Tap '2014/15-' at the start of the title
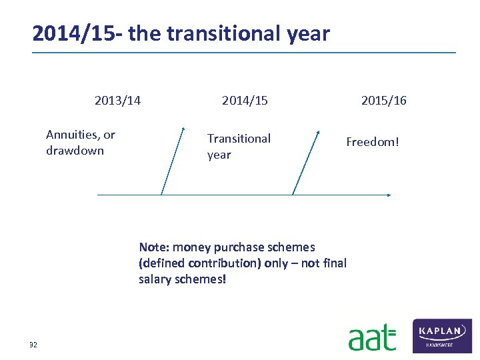[77, 33]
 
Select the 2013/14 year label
[117, 101]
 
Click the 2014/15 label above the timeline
[245, 101]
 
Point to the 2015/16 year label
[383, 101]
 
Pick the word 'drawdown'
[75, 151]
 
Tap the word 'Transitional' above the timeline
[239, 139]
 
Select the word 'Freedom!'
[372, 142]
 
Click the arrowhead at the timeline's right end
[389, 195]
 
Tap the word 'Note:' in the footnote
[154, 247]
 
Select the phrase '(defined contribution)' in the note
[200, 263]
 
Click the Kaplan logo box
[443, 335]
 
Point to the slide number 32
[33, 345]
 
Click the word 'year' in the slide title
[306, 33]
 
